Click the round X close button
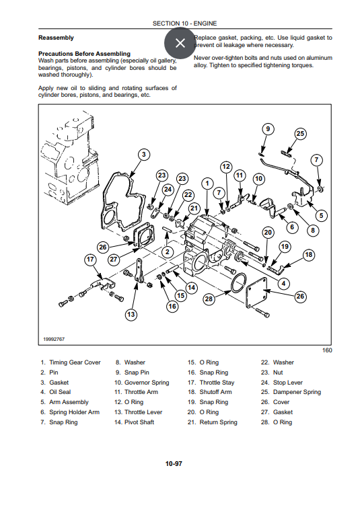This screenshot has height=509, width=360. click(x=180, y=43)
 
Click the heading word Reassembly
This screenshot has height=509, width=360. click(x=56, y=38)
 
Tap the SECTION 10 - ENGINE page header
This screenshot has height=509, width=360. click(x=184, y=24)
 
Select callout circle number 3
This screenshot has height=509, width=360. click(x=143, y=155)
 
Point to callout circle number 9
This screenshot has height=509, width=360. click(x=268, y=129)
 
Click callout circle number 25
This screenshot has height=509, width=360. click(x=300, y=133)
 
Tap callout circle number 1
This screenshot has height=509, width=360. click(x=207, y=184)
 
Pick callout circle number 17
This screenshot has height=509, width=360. click(x=90, y=260)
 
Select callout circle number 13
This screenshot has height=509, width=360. click(x=131, y=314)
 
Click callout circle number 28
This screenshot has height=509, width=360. click(x=209, y=299)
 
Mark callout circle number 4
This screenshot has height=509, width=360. click(x=284, y=284)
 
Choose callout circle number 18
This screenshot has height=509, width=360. click(x=309, y=255)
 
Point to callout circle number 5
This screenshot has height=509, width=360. click(x=322, y=215)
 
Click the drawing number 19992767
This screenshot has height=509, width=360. click(x=54, y=339)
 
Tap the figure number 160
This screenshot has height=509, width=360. click(x=327, y=350)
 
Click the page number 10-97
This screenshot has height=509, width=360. click(x=174, y=463)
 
